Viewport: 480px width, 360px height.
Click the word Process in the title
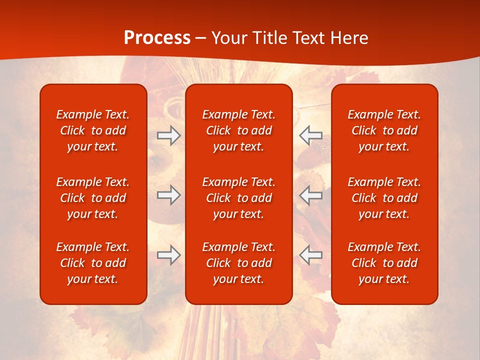point(157,38)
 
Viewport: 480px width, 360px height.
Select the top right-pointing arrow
point(169,135)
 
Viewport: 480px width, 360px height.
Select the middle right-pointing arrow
point(169,195)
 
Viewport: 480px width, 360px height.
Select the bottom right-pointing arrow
point(169,255)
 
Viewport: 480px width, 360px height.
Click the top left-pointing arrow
point(310,135)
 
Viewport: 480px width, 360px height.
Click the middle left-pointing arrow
point(310,195)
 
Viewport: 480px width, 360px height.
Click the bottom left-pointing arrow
point(310,255)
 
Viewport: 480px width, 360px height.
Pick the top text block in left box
point(93,130)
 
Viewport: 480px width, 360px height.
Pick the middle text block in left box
point(93,198)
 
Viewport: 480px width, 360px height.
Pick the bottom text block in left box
point(93,263)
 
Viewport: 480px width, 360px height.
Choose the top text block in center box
point(238,130)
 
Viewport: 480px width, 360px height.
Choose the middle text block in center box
point(238,198)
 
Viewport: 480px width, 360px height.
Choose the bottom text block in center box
point(238,263)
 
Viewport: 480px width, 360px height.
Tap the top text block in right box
point(384,130)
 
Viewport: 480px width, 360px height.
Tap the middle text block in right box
point(384,198)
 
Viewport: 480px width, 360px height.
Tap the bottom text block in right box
point(384,263)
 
